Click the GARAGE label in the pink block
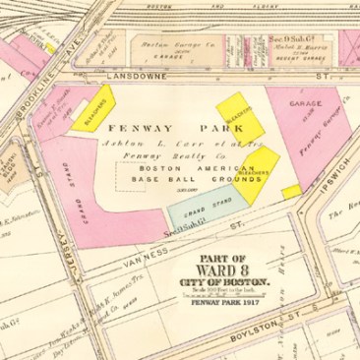(301, 101)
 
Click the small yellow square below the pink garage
(291, 191)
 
